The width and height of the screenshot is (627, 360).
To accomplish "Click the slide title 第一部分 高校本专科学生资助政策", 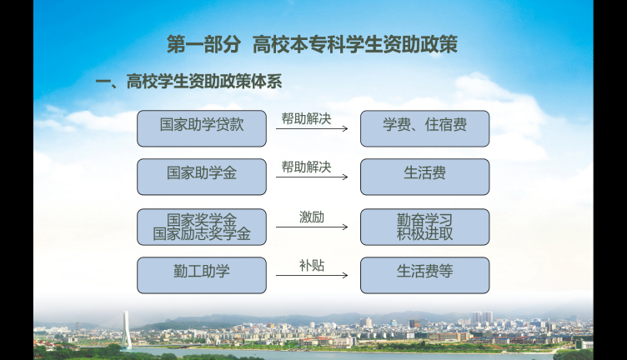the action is (312, 44).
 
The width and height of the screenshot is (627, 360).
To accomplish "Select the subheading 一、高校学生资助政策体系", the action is (188, 82).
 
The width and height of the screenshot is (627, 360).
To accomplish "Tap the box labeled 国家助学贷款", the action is (202, 128).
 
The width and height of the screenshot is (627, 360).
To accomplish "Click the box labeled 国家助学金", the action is (202, 177).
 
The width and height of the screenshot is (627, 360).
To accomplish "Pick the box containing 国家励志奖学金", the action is (202, 227).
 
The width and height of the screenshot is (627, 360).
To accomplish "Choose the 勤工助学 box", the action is (202, 275).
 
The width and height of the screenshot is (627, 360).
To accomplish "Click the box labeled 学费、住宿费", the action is (424, 128).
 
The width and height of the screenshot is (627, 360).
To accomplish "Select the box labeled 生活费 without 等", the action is (424, 177).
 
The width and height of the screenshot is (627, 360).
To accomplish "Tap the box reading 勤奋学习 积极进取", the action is (424, 227).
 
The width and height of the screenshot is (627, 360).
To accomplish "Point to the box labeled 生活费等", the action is (424, 275).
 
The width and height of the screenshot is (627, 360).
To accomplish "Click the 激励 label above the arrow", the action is (312, 217).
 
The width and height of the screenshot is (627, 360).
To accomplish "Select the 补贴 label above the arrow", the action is (312, 266).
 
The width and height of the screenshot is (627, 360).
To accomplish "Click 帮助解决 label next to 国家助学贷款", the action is (306, 118).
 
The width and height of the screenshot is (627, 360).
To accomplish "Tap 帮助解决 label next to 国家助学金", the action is (306, 167).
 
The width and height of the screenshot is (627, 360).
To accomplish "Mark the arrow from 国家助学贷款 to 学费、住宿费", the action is (312, 128).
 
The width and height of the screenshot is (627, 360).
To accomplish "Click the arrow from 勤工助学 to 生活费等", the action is (312, 275).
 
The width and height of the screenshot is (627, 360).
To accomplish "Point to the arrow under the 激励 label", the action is (312, 227).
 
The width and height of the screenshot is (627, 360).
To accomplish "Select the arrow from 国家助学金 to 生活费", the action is (312, 177).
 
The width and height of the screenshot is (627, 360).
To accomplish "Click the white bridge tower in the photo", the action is (127, 330).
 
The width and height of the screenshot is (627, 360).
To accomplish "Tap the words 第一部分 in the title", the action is (203, 44).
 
